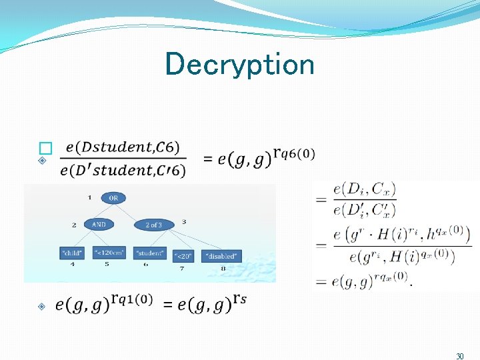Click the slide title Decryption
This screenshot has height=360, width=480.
click(x=239, y=65)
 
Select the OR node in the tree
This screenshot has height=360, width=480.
click(x=114, y=198)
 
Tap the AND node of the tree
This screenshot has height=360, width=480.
click(x=99, y=225)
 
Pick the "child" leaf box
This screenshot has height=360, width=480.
click(x=72, y=254)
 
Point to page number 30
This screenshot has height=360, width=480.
click(x=460, y=357)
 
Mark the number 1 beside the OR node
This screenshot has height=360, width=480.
click(x=90, y=197)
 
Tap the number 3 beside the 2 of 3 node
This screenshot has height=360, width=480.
click(x=183, y=221)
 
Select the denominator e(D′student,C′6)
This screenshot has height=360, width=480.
click(x=123, y=171)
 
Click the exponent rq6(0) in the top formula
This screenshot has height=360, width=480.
click(x=293, y=155)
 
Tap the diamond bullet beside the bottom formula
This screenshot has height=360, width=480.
click(x=41, y=306)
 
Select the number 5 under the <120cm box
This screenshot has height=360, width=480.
click(x=106, y=265)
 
